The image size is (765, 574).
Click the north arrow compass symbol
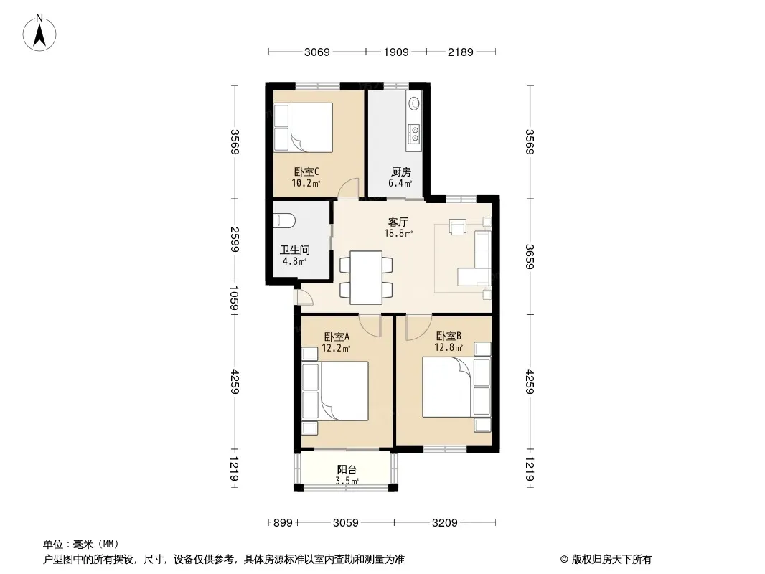(39, 33)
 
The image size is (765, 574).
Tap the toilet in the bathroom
(284, 220)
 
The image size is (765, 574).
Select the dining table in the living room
(367, 277)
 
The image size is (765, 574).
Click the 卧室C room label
(306, 171)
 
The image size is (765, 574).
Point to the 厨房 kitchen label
(400, 171)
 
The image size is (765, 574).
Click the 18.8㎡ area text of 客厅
(398, 233)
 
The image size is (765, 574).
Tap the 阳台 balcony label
(347, 470)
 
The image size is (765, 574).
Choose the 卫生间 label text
(295, 250)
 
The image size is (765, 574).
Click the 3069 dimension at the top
(317, 52)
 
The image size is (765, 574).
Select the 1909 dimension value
(395, 52)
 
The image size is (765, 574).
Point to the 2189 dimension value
(461, 52)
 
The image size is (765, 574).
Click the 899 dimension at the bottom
(283, 523)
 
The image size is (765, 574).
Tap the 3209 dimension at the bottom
(444, 523)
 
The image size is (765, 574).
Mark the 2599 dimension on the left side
(235, 240)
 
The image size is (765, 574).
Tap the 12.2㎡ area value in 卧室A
(336, 348)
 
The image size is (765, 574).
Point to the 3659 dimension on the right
(530, 256)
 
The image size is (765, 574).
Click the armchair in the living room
(458, 227)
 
